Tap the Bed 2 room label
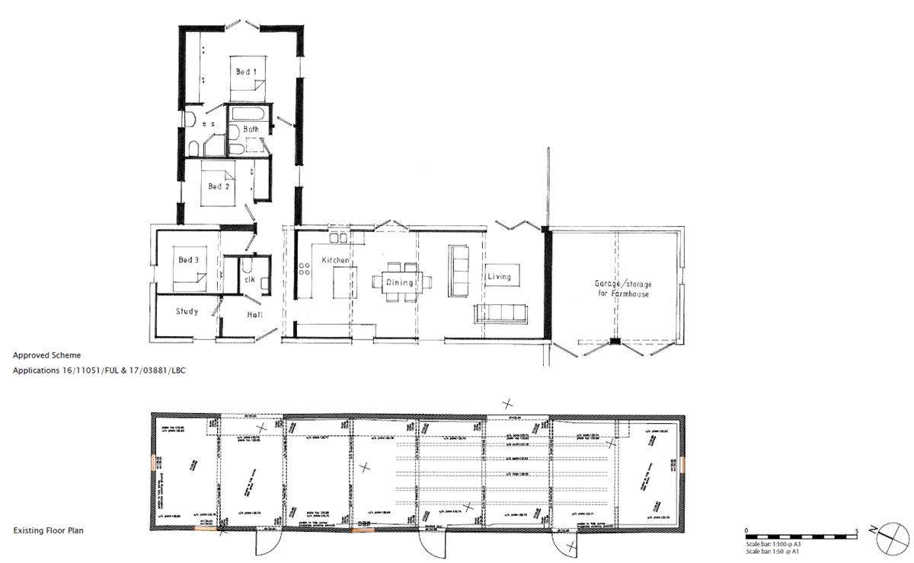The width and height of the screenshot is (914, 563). pos(219,186)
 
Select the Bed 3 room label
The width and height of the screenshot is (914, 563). pos(188,260)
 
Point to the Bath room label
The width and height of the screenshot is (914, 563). pos(251,129)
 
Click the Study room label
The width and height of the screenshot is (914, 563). pos(187,311)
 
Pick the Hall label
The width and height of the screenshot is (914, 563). pos(256,314)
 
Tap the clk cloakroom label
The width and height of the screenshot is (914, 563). pos(249,279)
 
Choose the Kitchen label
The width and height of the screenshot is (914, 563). pos(335,260)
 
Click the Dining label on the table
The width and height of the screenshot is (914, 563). pos(399,283)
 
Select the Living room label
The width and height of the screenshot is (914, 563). pos(499,277)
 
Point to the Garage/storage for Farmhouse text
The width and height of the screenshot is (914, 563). pos(623,288)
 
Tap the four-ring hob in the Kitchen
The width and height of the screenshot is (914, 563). pos(305,269)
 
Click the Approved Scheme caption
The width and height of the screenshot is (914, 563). pos(46,355)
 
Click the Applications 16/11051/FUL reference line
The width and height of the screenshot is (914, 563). pos(99,371)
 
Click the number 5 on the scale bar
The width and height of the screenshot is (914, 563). pos(858,530)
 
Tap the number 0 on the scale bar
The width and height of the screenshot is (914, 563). pos(746,530)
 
